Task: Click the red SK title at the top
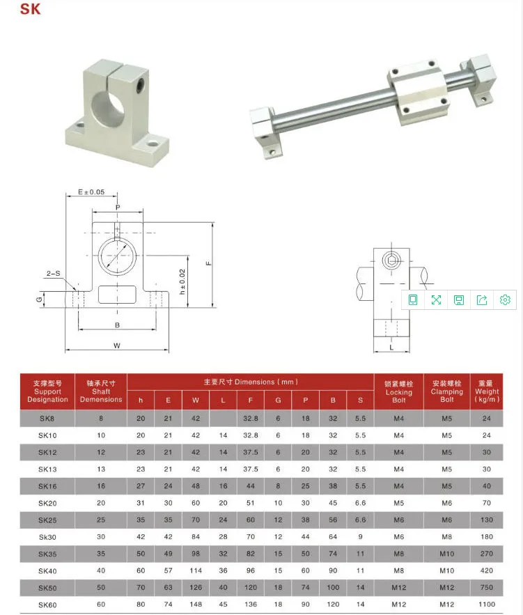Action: coord(30,8)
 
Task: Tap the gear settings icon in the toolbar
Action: coord(505,300)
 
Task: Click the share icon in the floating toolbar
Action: coord(482,300)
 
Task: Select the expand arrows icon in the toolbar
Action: coord(436,300)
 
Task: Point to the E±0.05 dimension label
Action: coord(91,192)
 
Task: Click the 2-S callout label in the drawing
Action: coord(54,274)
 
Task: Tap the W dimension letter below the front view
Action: coord(117,345)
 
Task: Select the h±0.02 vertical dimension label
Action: coord(182,281)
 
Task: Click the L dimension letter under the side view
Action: coord(391,347)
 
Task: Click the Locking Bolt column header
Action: coord(399,392)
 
